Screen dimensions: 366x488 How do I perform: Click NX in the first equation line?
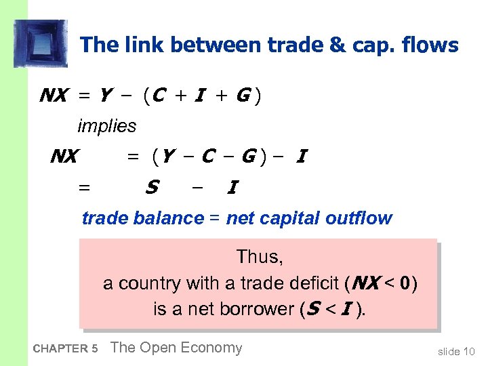53,96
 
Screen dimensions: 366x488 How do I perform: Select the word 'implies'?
106,126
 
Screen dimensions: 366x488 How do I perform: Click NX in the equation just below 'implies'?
64,157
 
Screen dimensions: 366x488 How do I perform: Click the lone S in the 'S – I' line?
152,186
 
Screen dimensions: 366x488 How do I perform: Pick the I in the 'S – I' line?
232,187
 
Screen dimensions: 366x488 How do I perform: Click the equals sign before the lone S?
85,187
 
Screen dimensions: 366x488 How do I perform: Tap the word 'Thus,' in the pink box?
260,257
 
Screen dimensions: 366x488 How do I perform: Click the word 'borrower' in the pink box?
260,309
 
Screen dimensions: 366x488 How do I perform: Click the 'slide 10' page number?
457,350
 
